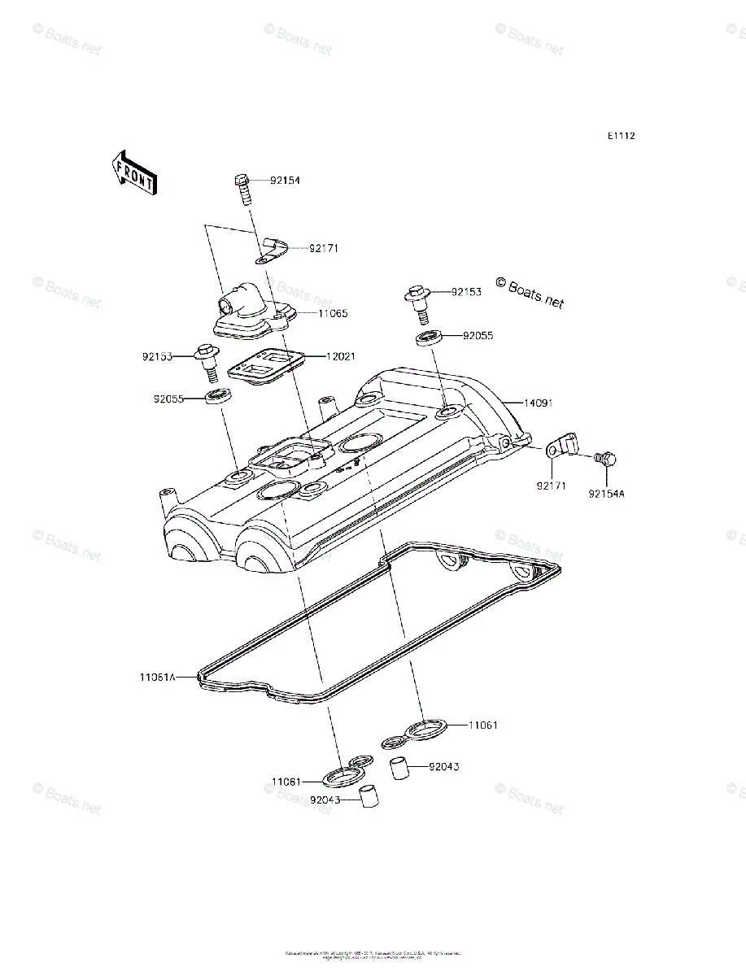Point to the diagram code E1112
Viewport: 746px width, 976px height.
620,136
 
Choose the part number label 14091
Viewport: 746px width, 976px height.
539,402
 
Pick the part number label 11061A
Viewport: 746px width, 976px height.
157,676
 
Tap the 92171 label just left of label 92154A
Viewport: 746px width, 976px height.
551,486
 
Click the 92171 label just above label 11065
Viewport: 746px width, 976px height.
323,248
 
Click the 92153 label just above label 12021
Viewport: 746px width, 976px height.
158,356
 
